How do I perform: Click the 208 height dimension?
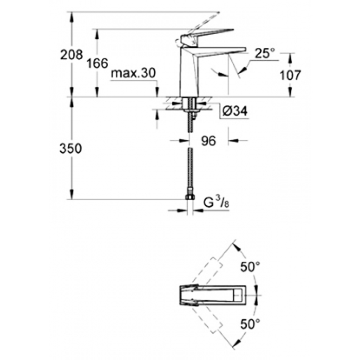tap(71, 55)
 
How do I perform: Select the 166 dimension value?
tap(97, 63)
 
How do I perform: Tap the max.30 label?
tap(133, 73)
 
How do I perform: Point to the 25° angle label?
tap(265, 53)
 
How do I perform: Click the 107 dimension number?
tap(290, 75)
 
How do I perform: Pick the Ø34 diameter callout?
tap(235, 112)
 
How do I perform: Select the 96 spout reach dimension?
tap(208, 141)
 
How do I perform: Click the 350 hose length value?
tap(70, 149)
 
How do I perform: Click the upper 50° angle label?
tap(250, 267)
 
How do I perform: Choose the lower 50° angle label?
tap(250, 324)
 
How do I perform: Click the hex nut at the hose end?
tap(190, 197)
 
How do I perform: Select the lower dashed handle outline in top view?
tap(207, 319)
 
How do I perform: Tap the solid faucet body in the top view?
tap(213, 295)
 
